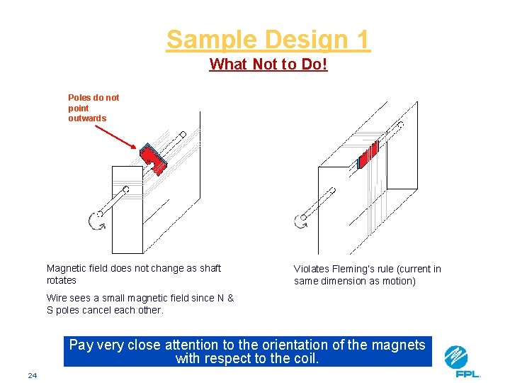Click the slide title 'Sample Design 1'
coord(268,40)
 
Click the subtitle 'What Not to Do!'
coord(268,65)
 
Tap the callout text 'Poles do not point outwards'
coord(93,108)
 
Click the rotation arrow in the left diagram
coord(96,221)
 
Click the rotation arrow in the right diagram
coord(301,221)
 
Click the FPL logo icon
coord(456,356)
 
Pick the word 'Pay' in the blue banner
coord(81,345)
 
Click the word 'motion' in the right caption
coord(399,281)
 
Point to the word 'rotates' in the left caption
coord(61,280)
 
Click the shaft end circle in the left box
coord(125,189)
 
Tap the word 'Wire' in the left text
coord(57,298)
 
